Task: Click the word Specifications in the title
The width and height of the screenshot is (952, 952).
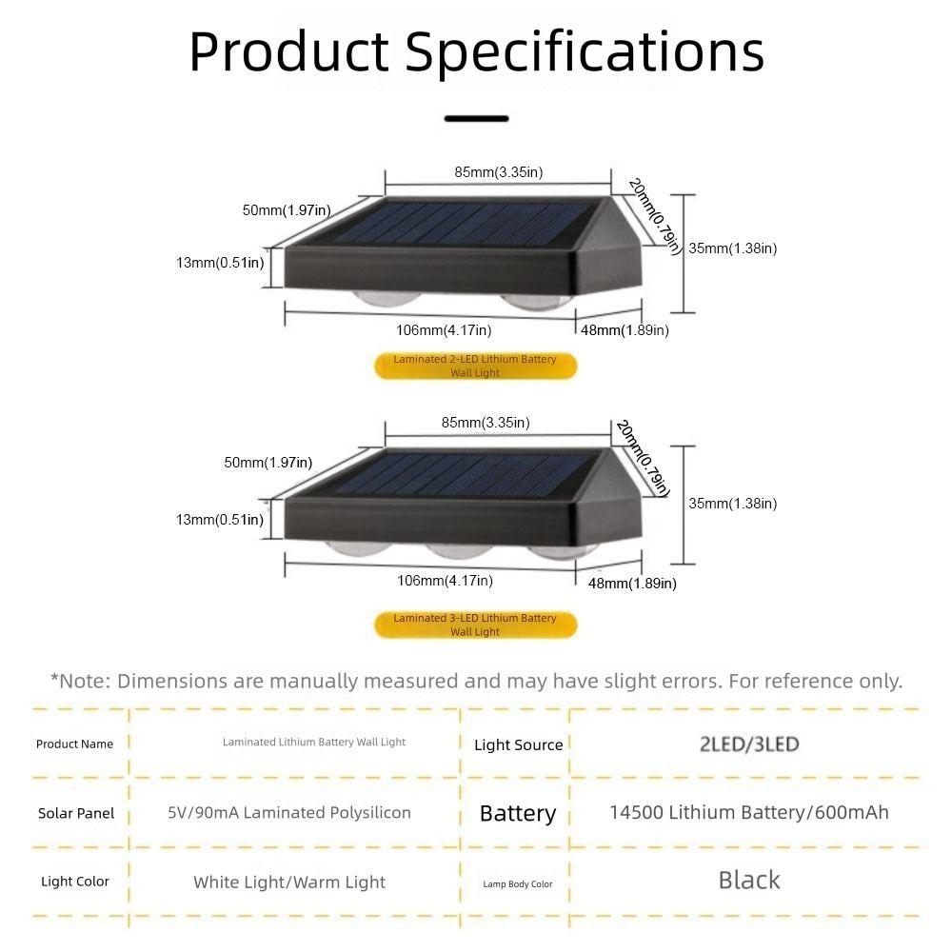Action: pos(585,52)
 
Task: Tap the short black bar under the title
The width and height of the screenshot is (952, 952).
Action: pos(477,118)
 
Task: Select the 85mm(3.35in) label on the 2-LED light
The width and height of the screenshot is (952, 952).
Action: pos(499,172)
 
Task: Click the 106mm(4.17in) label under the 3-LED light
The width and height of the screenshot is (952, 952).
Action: pos(445,581)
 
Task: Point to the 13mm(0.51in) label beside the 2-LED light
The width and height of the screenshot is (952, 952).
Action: pos(221,263)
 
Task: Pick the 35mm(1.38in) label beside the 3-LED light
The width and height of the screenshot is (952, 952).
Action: pos(733,504)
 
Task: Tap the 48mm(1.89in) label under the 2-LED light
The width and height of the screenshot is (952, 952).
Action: pos(625,330)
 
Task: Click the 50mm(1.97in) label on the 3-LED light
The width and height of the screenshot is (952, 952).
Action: pos(268,463)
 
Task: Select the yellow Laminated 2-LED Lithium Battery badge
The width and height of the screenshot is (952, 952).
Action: pos(475,367)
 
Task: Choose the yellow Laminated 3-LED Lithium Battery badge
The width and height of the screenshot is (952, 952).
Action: pos(475,625)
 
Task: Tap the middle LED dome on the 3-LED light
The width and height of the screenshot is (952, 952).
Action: pos(459,550)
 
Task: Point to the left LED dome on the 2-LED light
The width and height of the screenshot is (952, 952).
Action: pos(387,298)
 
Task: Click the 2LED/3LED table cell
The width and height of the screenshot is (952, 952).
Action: pos(749,744)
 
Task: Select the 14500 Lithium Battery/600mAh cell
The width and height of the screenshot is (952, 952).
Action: pos(749,812)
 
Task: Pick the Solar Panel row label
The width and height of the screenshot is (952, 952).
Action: pos(76,814)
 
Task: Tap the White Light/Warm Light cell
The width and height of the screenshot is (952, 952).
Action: pos(289,883)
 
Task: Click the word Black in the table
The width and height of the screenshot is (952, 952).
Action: pos(749,881)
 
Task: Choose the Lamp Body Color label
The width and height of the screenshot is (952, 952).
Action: pos(518,884)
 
